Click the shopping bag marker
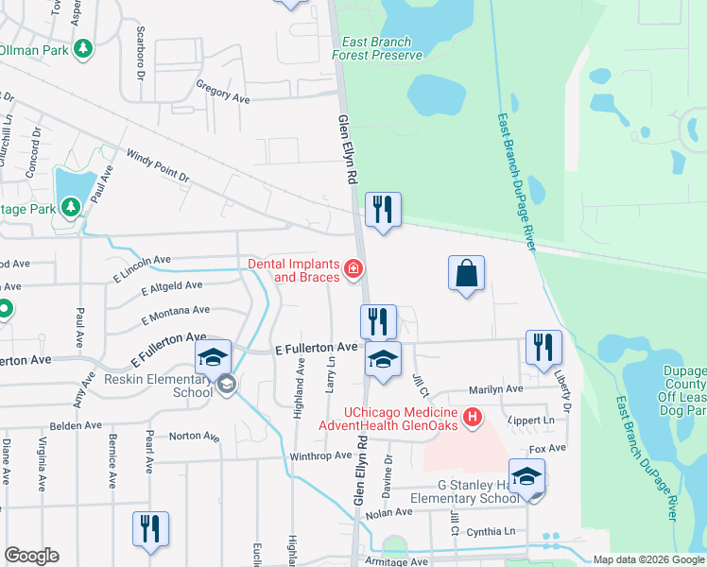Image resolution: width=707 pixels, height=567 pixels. point(466,275)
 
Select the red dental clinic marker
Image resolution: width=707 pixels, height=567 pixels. point(353,270)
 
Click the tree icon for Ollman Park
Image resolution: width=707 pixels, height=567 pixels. point(83,48)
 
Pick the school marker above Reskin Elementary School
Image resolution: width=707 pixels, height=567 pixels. point(214,356)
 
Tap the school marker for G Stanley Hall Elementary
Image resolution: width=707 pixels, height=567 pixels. point(526,476)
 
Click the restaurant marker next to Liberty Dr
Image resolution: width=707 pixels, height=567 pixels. point(543,347)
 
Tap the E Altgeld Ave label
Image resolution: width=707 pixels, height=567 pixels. point(171,286)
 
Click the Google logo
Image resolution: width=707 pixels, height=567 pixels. point(31,556)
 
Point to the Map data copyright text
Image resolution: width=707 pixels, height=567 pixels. point(648,559)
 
